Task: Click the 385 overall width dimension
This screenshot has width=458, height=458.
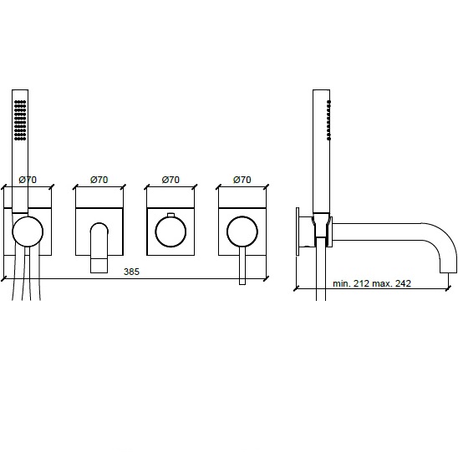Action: coord(131,272)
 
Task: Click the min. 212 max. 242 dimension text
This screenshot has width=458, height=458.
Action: coord(372,283)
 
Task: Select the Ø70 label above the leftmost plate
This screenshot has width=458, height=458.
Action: coord(28,180)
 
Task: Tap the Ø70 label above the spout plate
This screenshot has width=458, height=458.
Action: coord(99,180)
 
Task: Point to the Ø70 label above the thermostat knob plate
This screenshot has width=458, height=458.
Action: coord(170,180)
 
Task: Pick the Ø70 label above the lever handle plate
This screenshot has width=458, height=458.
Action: coord(242,180)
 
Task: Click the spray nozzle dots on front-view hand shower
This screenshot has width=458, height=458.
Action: coord(20,120)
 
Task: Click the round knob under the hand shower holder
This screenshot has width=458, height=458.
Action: coord(28,232)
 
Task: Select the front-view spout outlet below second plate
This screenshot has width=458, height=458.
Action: coord(99,266)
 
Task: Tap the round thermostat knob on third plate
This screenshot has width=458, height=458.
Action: coord(170,232)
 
